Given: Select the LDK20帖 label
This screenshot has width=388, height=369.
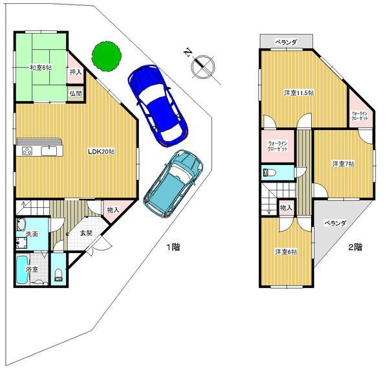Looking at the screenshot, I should [x=101, y=151].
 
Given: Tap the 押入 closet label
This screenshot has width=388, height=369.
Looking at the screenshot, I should [x=75, y=73].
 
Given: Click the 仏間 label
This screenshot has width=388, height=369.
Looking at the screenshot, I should [x=75, y=94].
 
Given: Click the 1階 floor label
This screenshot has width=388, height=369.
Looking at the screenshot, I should [x=173, y=247].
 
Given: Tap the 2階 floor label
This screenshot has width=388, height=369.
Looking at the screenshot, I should [x=355, y=247].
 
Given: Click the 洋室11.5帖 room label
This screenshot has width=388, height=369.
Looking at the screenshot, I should [x=299, y=93].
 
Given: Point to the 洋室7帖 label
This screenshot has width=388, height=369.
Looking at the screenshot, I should [x=343, y=164].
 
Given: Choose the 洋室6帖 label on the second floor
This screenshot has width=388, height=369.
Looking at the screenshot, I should [x=285, y=252].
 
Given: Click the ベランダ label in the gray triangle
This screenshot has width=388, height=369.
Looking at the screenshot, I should [x=335, y=223].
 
